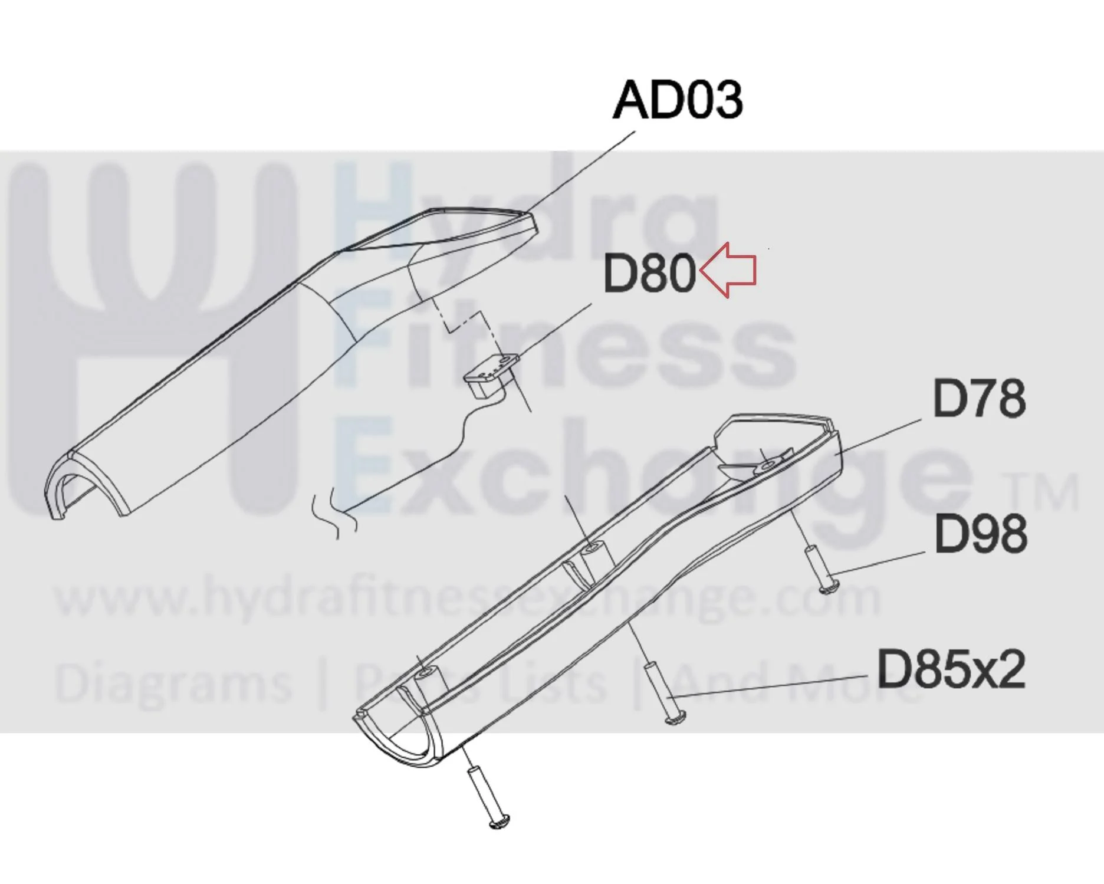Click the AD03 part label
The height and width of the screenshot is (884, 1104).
tap(678, 100)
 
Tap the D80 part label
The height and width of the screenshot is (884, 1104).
tap(649, 273)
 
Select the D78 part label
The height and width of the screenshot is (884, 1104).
tap(979, 399)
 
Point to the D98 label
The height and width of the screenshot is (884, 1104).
tap(981, 533)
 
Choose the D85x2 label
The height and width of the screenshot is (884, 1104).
tap(951, 669)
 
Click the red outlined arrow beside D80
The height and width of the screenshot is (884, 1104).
tap(727, 270)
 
